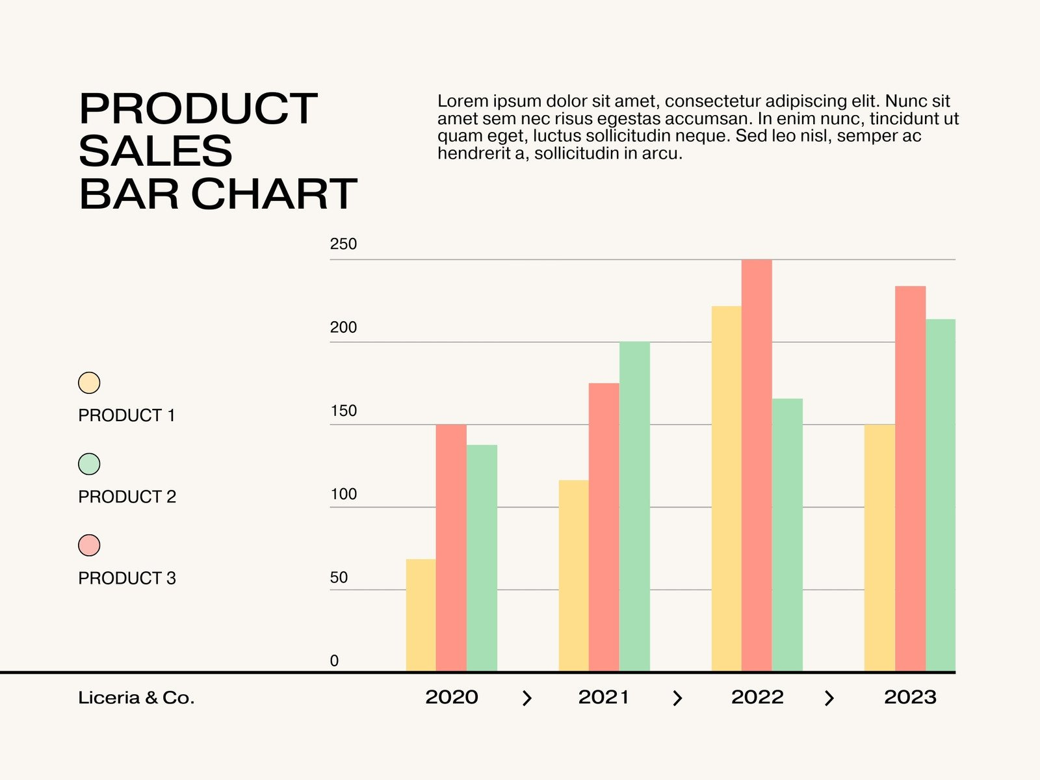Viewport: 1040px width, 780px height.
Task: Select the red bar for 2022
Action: (x=757, y=465)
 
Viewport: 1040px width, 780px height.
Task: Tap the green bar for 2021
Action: (x=634, y=506)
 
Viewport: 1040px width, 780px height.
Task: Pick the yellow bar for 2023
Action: (x=879, y=548)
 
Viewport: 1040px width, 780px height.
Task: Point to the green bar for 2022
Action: (x=787, y=535)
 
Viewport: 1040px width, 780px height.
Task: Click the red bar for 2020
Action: (x=451, y=548)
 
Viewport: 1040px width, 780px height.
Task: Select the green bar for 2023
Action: (x=941, y=495)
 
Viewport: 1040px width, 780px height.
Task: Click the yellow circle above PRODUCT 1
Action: (x=89, y=383)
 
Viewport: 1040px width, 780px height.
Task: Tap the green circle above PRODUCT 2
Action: (x=89, y=464)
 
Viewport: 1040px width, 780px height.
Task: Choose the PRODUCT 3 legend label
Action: (x=127, y=578)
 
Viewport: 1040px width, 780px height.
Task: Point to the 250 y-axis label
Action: (x=343, y=244)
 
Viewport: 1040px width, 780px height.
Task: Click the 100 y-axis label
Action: (x=343, y=494)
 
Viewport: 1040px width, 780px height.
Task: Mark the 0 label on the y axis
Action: (x=334, y=660)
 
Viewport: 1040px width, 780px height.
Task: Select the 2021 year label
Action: (x=604, y=697)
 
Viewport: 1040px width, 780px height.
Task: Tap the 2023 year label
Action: (x=910, y=697)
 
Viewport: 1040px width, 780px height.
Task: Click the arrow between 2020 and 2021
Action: (x=527, y=698)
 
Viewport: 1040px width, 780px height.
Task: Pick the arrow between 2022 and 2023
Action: (x=829, y=698)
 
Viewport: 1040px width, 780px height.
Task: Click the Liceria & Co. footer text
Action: (x=136, y=697)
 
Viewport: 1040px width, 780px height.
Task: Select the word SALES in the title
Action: (x=155, y=151)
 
